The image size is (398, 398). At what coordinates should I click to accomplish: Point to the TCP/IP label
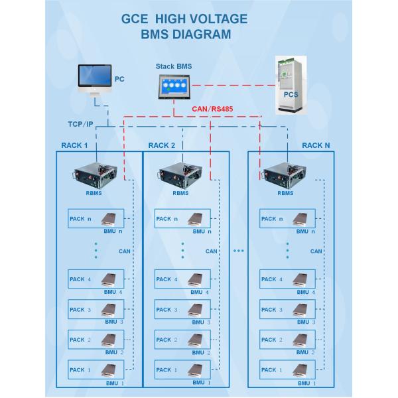[80, 125]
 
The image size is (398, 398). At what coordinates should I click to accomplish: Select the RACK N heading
[315, 145]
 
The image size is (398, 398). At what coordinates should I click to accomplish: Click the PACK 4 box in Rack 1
[96, 279]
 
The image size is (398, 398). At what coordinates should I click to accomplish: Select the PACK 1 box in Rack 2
[182, 369]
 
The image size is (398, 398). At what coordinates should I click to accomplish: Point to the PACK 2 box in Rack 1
[96, 340]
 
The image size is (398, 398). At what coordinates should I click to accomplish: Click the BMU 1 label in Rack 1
[114, 383]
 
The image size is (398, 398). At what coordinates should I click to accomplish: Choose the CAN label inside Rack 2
[211, 251]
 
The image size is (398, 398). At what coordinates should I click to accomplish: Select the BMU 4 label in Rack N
[305, 292]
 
